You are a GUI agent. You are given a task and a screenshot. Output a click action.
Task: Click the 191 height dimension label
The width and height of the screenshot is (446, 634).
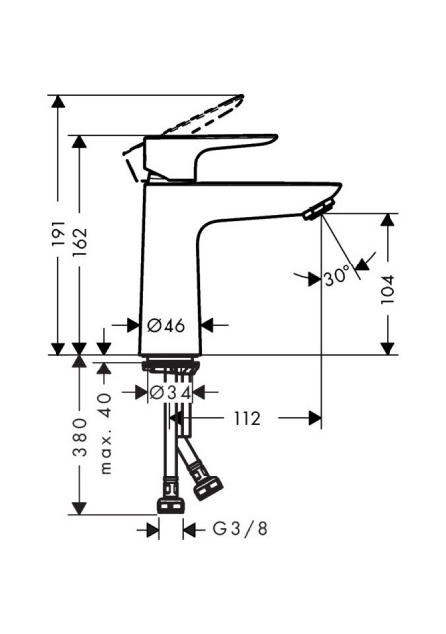[58, 234]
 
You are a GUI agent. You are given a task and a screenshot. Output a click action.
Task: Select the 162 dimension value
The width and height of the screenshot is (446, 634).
[79, 242]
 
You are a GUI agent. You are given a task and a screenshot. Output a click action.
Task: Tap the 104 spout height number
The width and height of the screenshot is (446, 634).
[388, 290]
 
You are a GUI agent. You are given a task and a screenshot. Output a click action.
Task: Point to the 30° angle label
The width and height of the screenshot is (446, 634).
[336, 277]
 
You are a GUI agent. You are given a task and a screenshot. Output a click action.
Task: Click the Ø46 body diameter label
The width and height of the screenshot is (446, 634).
[166, 325]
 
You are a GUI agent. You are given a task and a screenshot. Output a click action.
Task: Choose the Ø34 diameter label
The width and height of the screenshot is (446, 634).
[170, 393]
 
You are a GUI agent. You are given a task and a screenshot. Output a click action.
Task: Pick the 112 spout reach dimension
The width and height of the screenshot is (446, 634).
[247, 419]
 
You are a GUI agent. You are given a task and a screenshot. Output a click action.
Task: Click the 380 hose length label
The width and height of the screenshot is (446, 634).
[80, 438]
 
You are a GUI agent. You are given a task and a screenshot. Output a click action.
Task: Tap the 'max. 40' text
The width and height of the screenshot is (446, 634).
[105, 434]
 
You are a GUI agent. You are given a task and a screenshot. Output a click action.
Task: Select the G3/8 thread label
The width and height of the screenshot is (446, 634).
[241, 529]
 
